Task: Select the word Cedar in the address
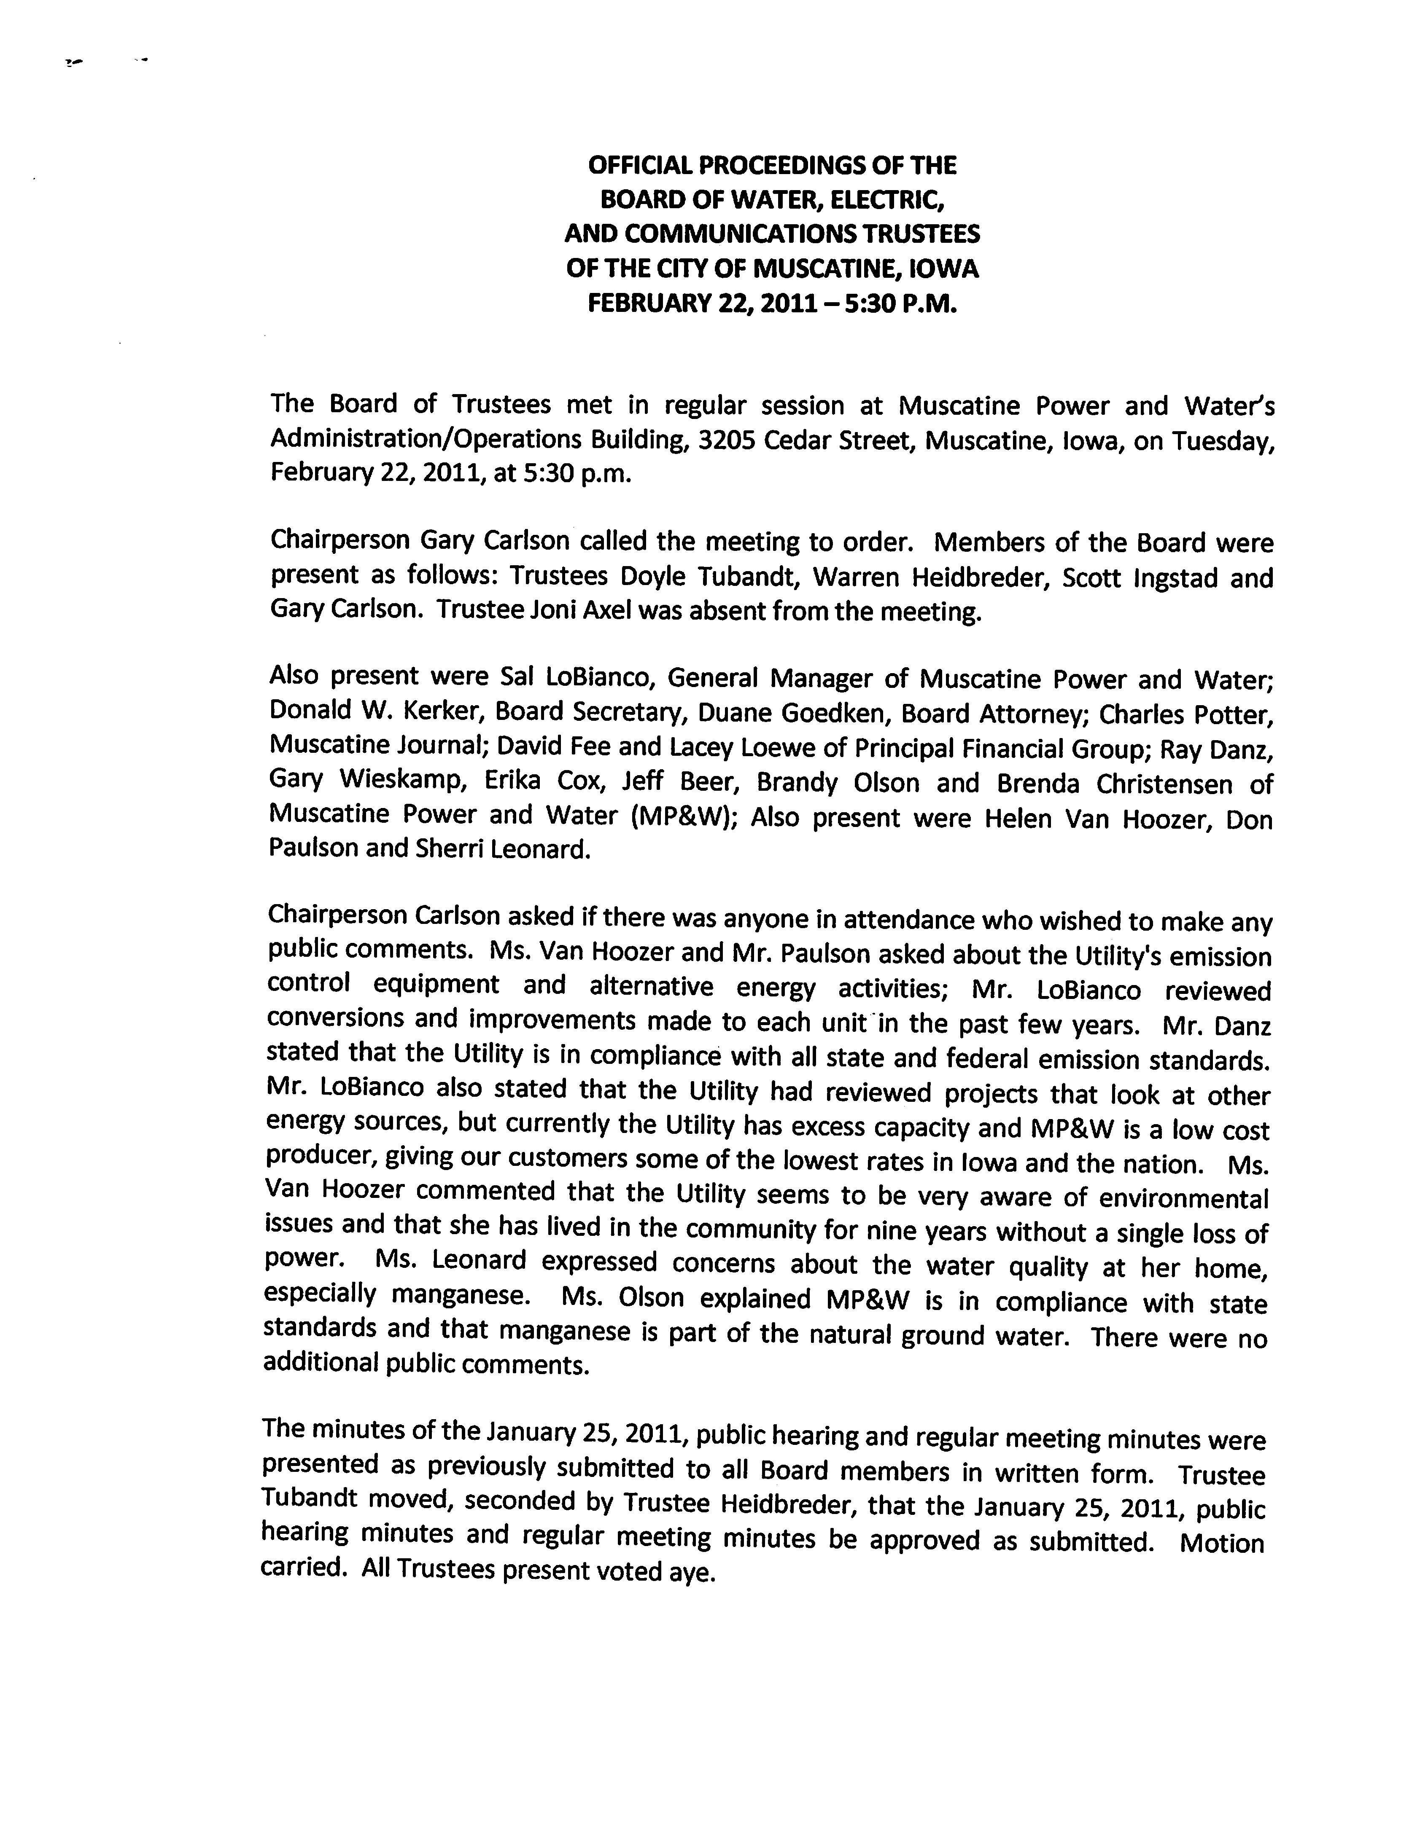tap(803, 440)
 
